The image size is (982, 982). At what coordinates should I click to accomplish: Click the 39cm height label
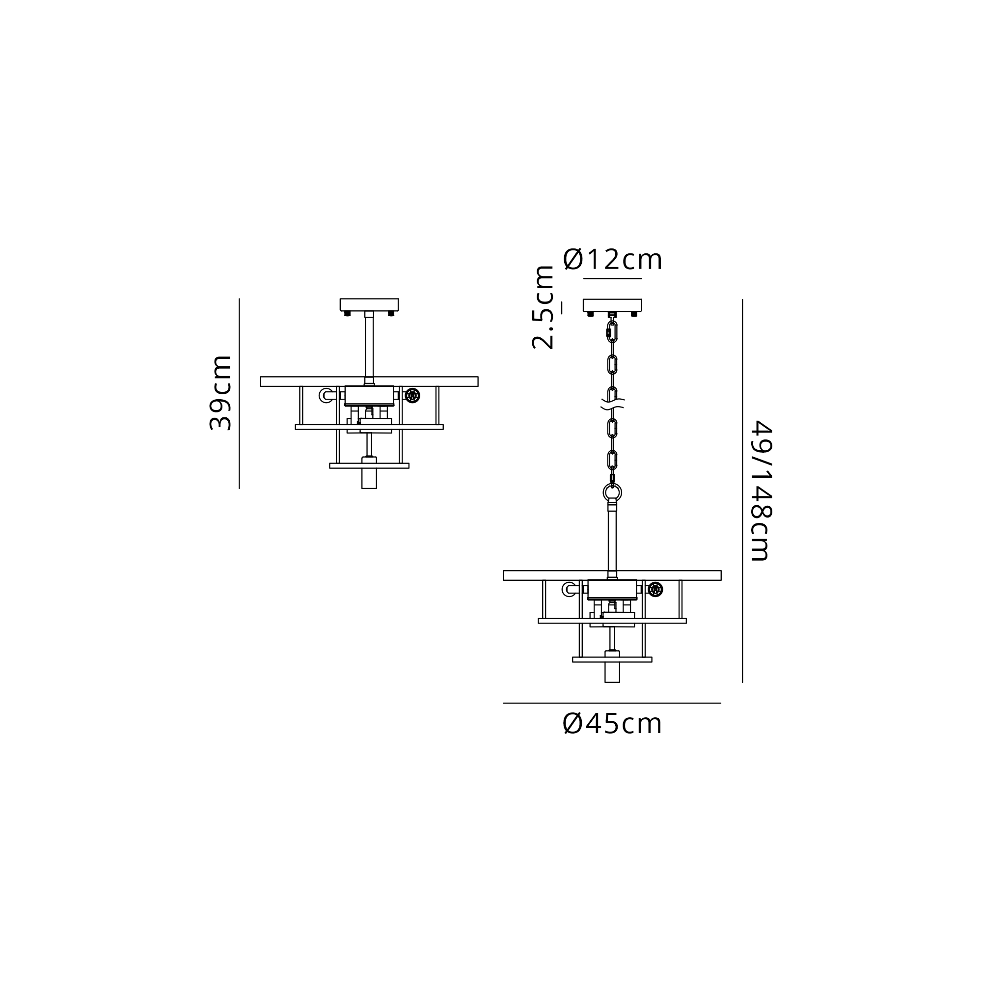coord(220,393)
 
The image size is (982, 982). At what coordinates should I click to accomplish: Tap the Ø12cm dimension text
coord(612,260)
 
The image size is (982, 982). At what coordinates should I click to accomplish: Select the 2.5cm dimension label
coord(543,307)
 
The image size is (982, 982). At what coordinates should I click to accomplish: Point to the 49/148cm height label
coord(761,491)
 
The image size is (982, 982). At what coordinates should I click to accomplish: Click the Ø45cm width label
coord(612,724)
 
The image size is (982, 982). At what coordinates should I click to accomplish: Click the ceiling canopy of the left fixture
coord(369,304)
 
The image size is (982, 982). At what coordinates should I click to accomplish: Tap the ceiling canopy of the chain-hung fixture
coord(612,305)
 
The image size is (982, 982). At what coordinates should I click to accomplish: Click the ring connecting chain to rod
coord(612,492)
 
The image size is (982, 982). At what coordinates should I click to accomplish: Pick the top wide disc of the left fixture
coord(369,382)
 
